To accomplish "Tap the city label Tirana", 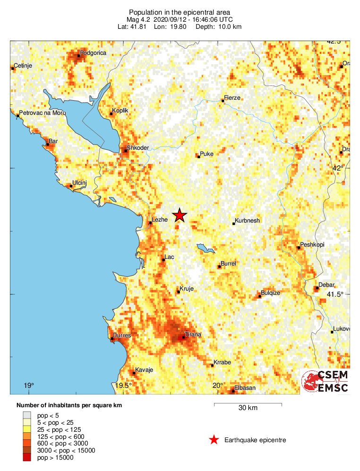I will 193,334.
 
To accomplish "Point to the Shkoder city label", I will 138,147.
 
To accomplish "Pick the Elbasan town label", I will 246,388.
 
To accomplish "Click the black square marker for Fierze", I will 223,101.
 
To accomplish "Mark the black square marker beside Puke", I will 199,156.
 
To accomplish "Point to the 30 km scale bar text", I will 248,408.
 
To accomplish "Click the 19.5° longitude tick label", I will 124,386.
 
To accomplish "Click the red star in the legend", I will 214,440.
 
